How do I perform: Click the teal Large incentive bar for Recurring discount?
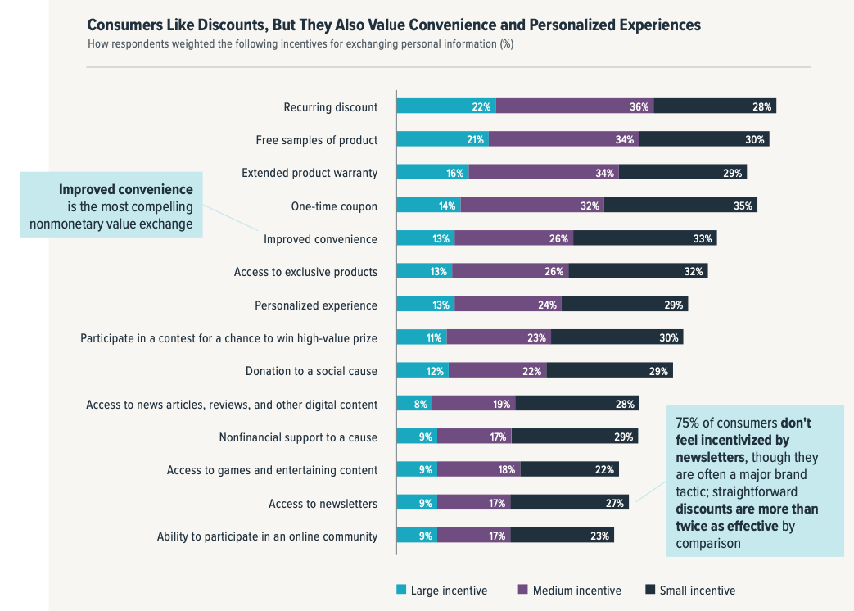[446, 106]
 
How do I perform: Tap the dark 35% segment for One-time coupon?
[680, 206]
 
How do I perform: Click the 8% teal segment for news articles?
[414, 404]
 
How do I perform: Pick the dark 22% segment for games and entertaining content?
[569, 470]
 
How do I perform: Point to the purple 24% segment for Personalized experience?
[508, 305]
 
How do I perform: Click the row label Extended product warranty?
[310, 173]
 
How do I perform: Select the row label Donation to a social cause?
[311, 371]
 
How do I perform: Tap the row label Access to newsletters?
[323, 504]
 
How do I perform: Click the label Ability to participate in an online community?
[267, 536]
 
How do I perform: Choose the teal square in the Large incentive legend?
[401, 590]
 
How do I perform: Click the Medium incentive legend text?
[576, 591]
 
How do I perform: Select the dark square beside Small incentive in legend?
[650, 590]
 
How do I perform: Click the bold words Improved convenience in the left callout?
[137, 189]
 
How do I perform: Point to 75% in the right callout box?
[687, 423]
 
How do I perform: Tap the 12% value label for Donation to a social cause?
[435, 371]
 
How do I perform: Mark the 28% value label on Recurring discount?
[762, 106]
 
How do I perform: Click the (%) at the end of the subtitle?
[506, 43]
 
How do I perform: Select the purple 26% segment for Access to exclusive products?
[510, 272]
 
